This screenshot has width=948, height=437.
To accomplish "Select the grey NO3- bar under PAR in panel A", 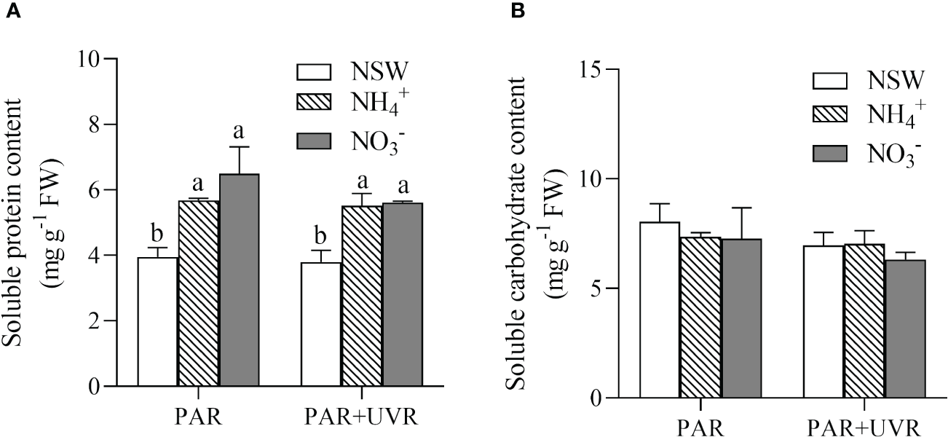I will point(240,280).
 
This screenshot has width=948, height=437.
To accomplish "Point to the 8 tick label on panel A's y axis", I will point(91,125).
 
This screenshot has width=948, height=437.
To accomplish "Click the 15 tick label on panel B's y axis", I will point(596,69).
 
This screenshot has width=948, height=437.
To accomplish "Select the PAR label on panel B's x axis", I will point(700,426).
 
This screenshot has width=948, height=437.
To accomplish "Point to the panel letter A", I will point(9,9).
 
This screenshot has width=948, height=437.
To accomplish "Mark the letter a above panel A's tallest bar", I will point(240,133).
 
